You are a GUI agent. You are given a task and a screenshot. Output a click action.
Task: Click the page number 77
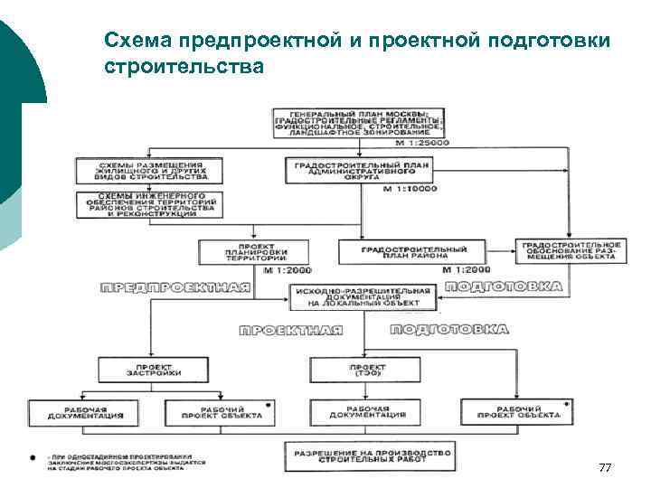point(605,467)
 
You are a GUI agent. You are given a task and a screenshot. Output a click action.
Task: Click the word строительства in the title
point(184,67)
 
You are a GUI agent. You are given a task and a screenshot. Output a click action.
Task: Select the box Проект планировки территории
point(254,251)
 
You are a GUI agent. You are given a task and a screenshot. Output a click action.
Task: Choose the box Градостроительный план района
point(414,251)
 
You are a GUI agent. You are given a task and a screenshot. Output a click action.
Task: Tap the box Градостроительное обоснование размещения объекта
point(570,250)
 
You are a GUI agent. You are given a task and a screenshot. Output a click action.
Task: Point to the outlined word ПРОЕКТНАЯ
point(290,331)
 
